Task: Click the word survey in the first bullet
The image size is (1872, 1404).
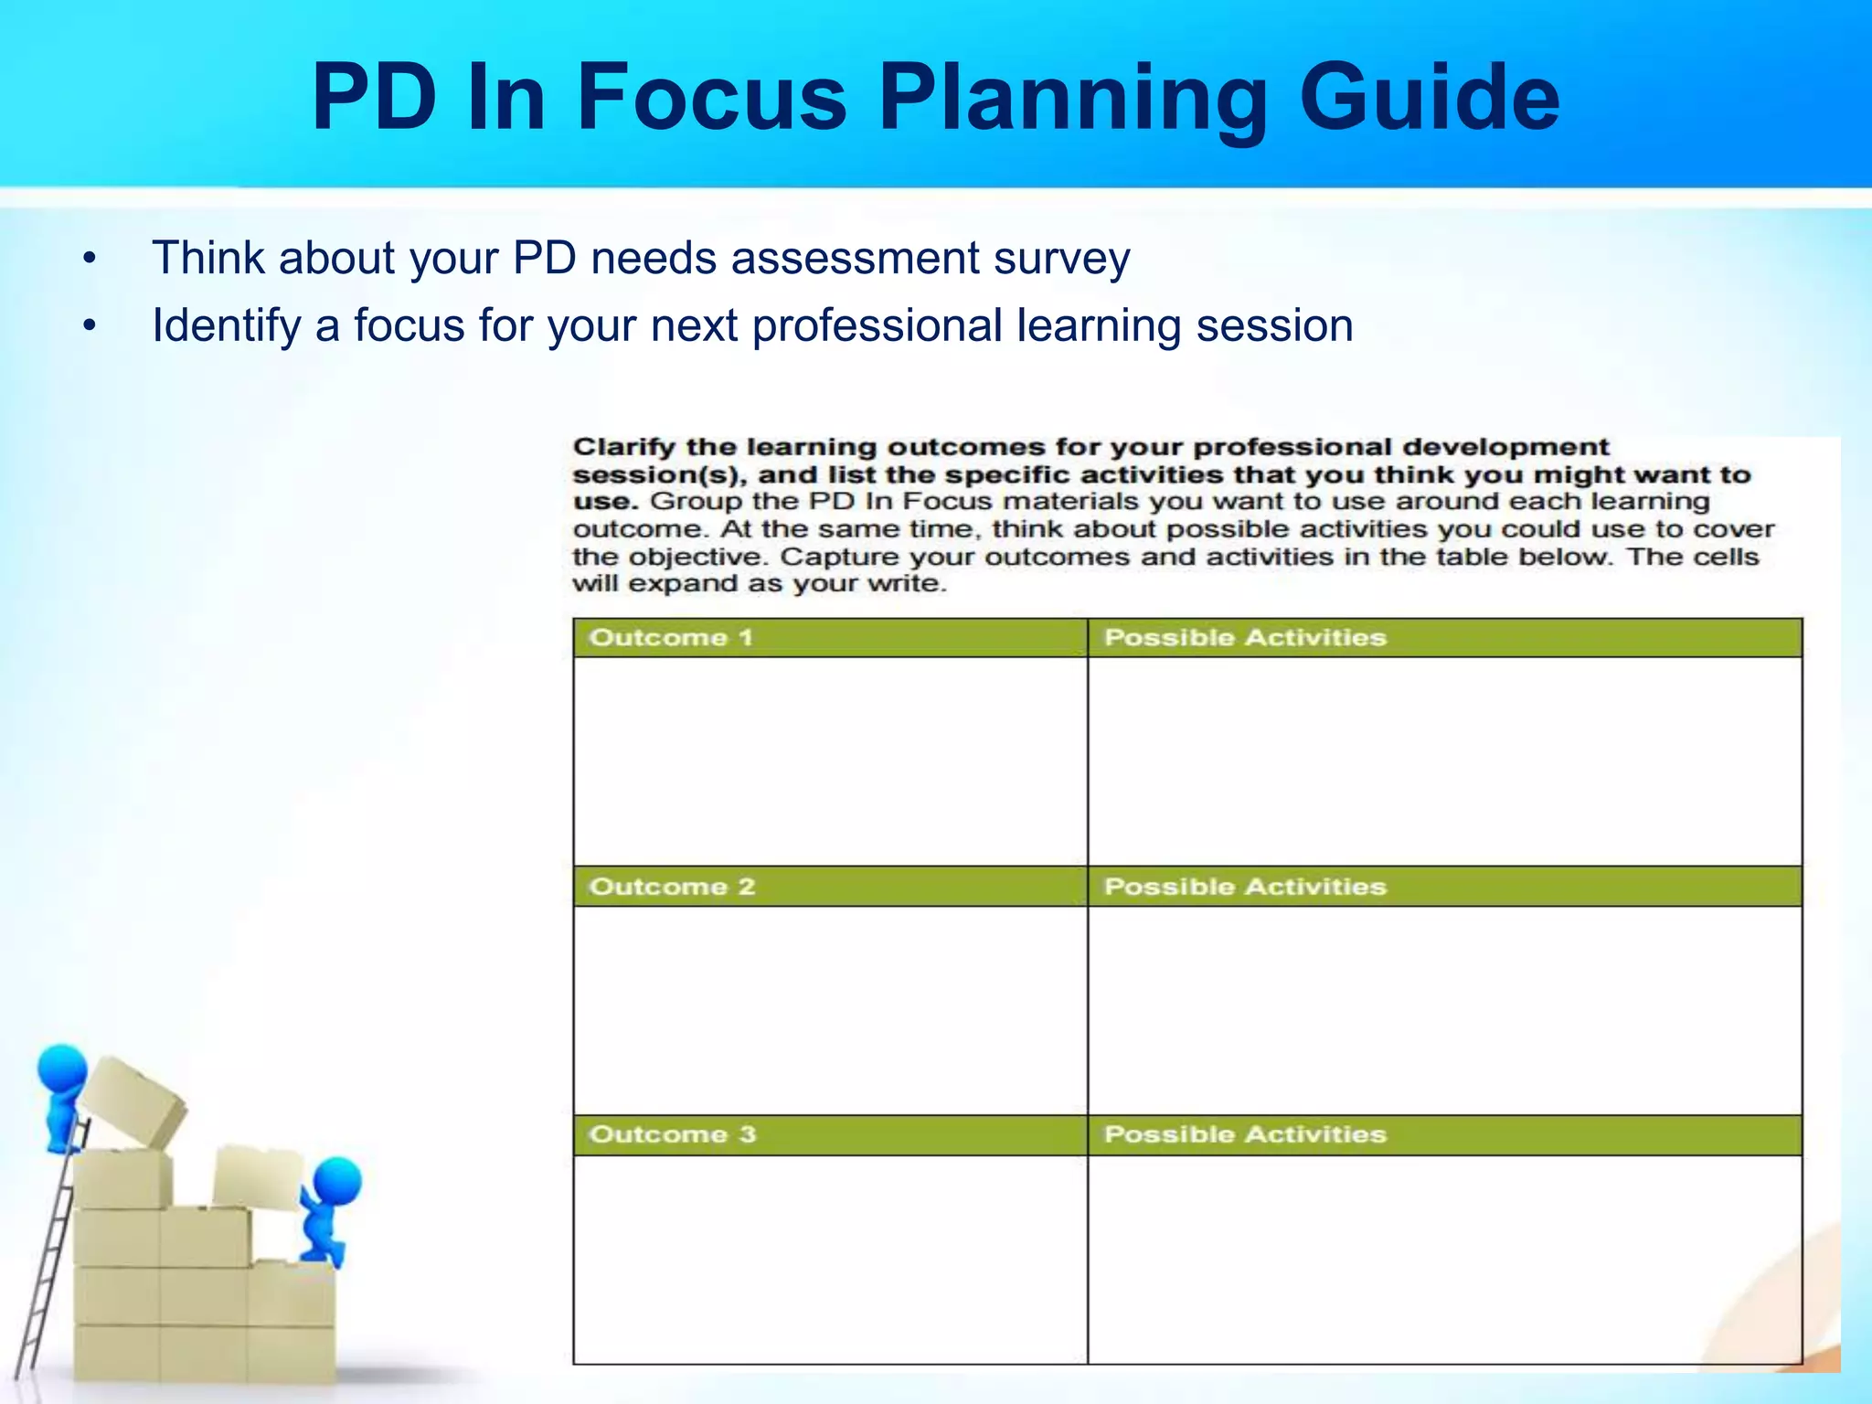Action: coord(1061,259)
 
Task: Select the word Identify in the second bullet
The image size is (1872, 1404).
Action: coord(226,326)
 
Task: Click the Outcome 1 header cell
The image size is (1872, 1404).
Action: coord(830,637)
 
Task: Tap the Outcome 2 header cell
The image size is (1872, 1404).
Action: coord(830,886)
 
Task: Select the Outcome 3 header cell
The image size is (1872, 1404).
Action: coord(830,1134)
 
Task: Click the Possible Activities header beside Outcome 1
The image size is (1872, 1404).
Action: coord(1444,637)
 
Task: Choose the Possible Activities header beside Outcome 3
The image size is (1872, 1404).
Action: coord(1444,1134)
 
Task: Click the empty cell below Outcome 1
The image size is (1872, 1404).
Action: coord(830,760)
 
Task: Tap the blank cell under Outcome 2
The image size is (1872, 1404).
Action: coord(830,1009)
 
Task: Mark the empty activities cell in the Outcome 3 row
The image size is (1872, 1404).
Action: coord(1444,1259)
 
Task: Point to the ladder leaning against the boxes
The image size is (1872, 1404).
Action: coord(46,1271)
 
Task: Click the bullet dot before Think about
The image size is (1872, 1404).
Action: coord(89,260)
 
